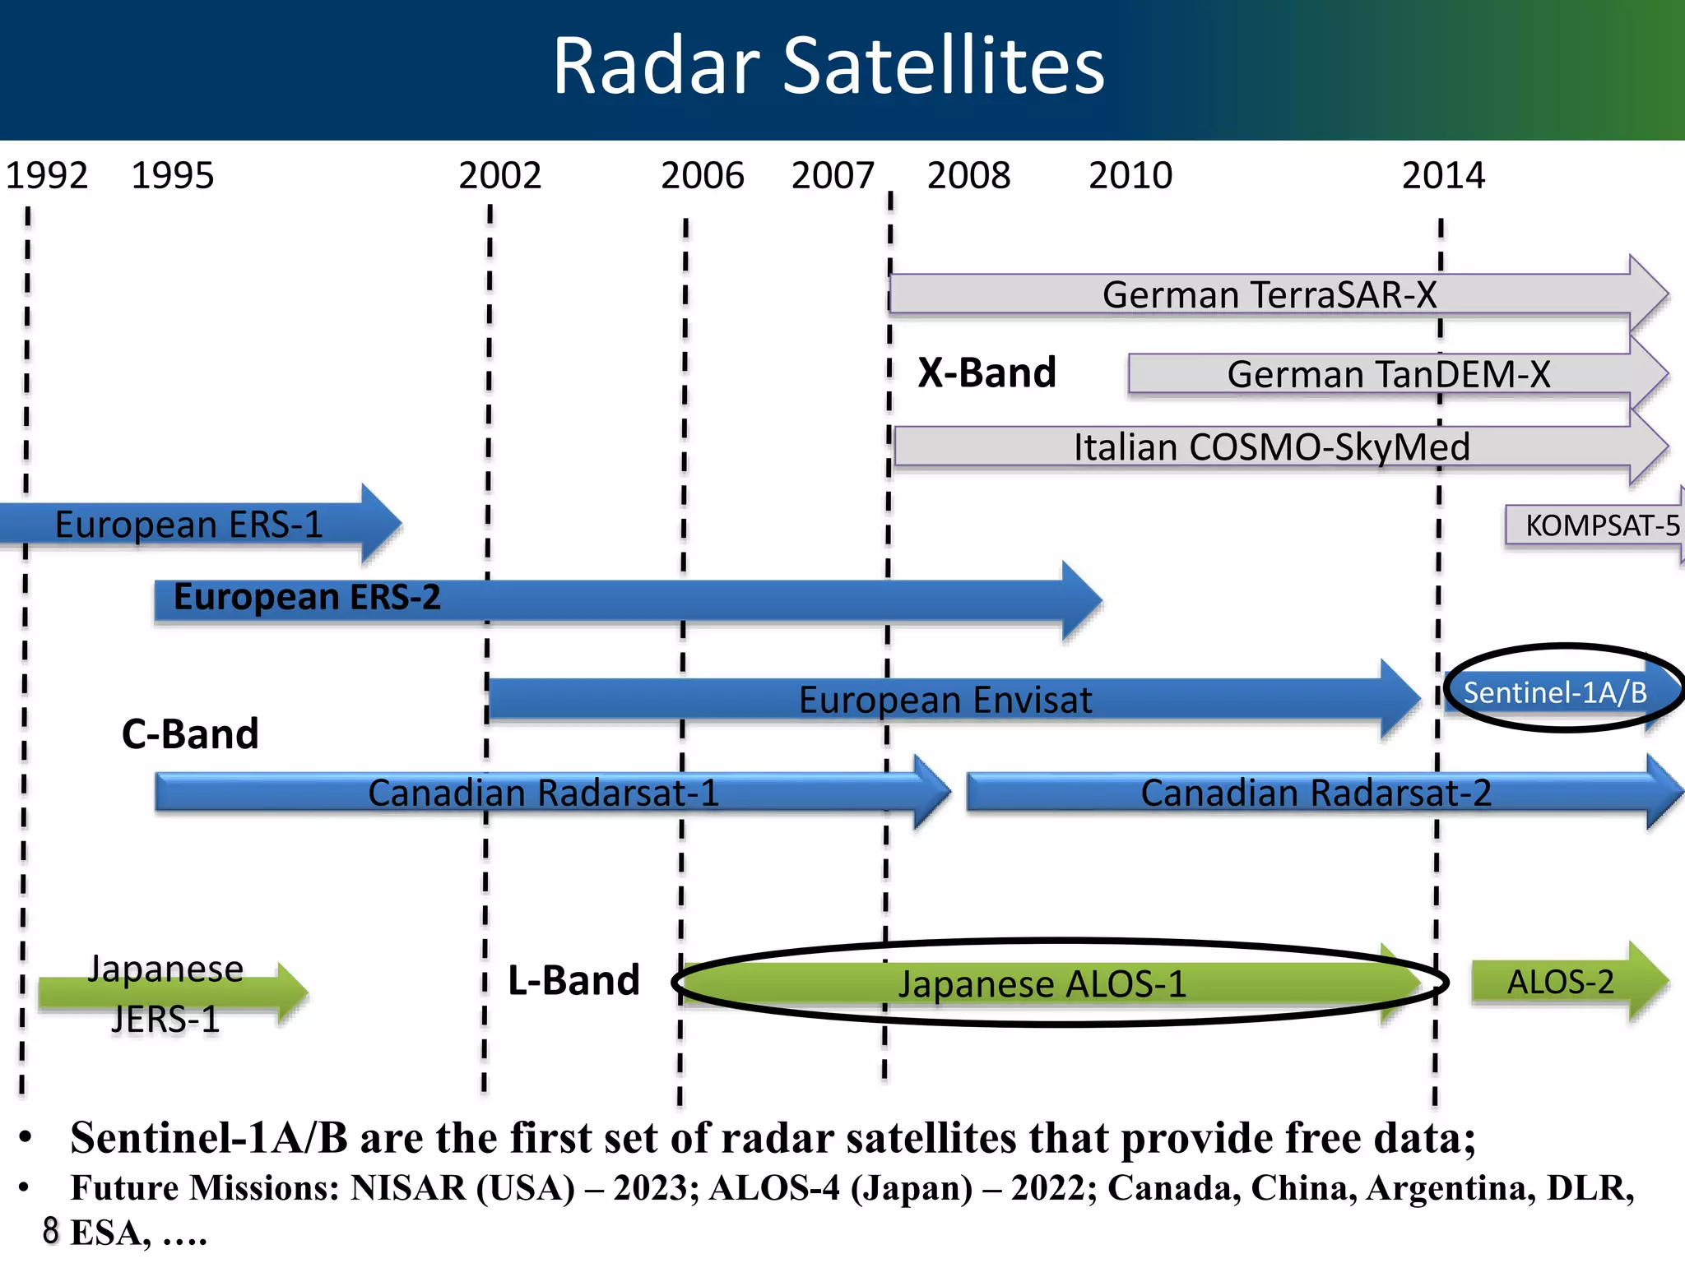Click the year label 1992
tap(47, 176)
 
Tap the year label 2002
tap(499, 176)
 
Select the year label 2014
tap(1443, 176)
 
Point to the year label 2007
tap(833, 176)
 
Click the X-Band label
tap(986, 372)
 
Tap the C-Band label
tap(190, 733)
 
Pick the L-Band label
tap(573, 980)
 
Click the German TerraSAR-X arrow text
tap(1270, 294)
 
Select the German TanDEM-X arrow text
tap(1388, 374)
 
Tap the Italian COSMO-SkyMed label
tap(1271, 447)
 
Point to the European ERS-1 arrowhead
tap(382, 524)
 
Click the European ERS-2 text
tap(307, 597)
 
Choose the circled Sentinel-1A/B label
tap(1555, 692)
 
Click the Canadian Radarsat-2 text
tap(1316, 793)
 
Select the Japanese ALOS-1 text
tap(1042, 983)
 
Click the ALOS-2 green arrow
tap(1560, 982)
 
